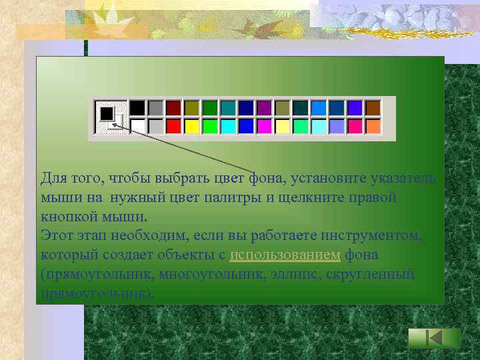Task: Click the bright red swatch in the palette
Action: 173,126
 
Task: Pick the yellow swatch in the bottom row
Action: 192,126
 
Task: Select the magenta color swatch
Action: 264,126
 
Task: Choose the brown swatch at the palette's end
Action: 373,108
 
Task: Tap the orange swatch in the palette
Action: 373,126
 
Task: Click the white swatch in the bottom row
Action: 137,126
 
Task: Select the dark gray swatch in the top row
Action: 155,108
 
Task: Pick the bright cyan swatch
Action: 228,126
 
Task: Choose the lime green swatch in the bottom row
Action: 210,126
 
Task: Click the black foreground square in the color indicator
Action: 106,113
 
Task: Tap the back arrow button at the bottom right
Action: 434,339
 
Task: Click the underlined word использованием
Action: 285,255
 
